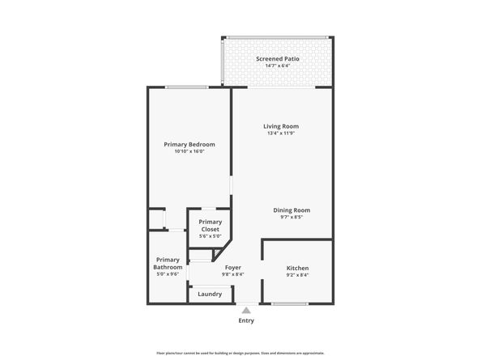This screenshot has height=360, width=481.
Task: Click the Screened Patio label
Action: pos(279,59)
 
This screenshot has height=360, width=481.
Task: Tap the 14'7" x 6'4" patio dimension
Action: pos(279,66)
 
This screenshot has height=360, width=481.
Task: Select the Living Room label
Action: pos(281,126)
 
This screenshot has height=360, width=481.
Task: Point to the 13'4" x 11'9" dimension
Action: pos(281,133)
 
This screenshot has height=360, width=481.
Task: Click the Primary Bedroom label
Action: pos(189,144)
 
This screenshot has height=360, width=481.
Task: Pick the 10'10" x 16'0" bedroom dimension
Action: pos(189,151)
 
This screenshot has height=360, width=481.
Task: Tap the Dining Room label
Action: pos(291,210)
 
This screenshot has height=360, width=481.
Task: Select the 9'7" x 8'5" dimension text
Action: pos(291,218)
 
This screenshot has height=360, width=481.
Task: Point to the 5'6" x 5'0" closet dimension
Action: pos(210,236)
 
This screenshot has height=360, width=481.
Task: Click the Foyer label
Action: pos(232,267)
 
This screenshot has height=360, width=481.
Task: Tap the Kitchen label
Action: pos(297,268)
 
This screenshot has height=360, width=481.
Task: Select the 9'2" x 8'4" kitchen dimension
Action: pos(297,275)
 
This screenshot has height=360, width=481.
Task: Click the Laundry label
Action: pos(210,294)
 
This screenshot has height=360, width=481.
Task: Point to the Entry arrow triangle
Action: pos(246,310)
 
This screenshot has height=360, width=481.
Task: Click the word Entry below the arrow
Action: pos(246,321)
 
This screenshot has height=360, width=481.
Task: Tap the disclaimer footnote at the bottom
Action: pos(240,353)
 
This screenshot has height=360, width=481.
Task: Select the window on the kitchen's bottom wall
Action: pos(290,304)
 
